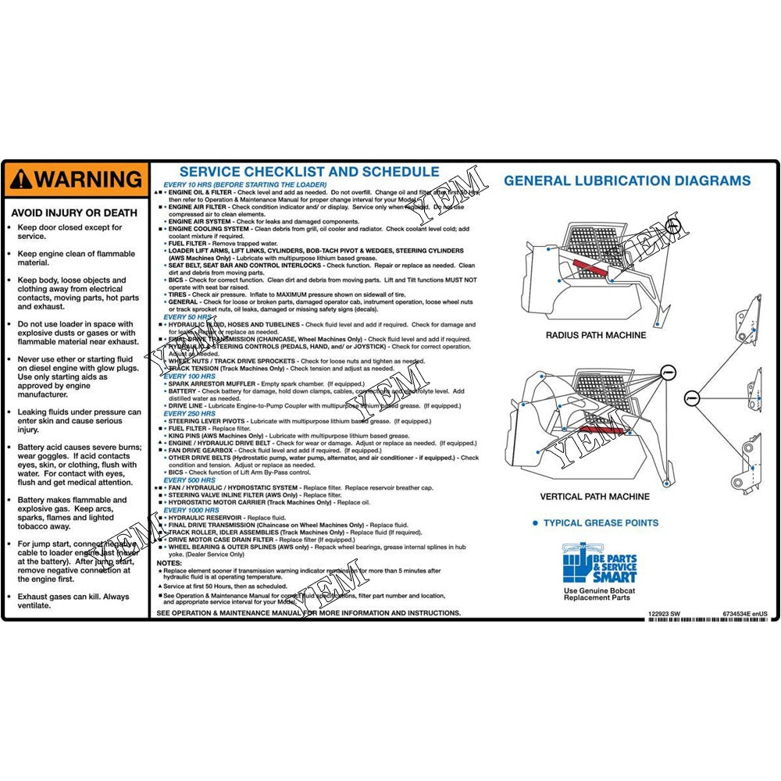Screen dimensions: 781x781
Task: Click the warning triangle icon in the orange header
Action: point(20,180)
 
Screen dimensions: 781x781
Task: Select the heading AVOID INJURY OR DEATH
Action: point(74,212)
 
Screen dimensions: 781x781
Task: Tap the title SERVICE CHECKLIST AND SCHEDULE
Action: point(309,172)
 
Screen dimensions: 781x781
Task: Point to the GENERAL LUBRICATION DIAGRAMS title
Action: point(626,180)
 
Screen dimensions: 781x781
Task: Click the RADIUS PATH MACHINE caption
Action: point(595,335)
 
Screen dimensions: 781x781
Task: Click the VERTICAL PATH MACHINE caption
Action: point(594,497)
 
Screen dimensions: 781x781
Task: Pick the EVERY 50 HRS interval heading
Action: point(187,317)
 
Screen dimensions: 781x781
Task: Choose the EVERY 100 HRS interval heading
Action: point(189,377)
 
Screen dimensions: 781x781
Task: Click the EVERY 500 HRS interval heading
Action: point(189,480)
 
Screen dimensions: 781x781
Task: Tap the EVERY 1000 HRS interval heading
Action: point(191,509)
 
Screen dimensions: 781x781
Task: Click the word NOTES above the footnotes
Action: point(169,563)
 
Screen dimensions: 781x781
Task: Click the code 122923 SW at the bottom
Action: point(664,615)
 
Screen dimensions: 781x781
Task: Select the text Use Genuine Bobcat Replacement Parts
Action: point(599,594)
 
